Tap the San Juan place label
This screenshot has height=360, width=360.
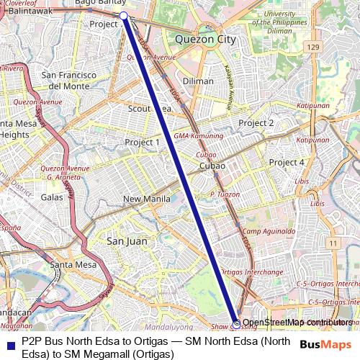click(x=127, y=241)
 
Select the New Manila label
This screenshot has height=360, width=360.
click(x=146, y=199)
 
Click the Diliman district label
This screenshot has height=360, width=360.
click(x=198, y=81)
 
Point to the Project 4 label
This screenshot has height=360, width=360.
click(x=287, y=162)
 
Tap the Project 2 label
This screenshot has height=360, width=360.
click(x=256, y=123)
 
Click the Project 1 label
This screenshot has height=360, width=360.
click(x=142, y=143)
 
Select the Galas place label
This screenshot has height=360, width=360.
click(x=53, y=197)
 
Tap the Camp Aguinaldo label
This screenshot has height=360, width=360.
click(x=269, y=231)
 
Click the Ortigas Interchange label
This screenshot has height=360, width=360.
click(x=251, y=272)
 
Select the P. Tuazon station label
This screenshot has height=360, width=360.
click(x=224, y=194)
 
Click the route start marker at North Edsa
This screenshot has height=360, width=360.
click(x=123, y=15)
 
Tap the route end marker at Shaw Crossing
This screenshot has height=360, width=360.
click(x=236, y=324)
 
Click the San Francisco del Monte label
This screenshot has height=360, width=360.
click(x=68, y=80)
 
